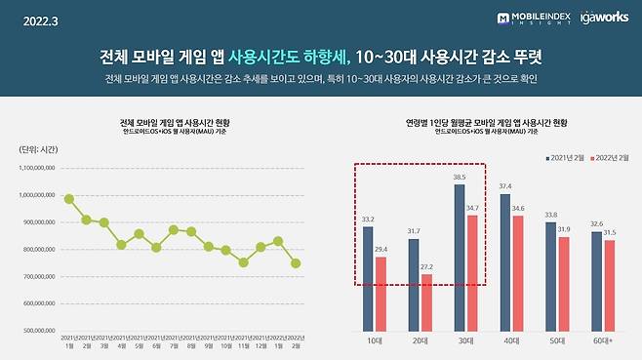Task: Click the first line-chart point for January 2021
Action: point(69,199)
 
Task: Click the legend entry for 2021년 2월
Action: point(568,155)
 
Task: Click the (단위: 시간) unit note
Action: point(40,149)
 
